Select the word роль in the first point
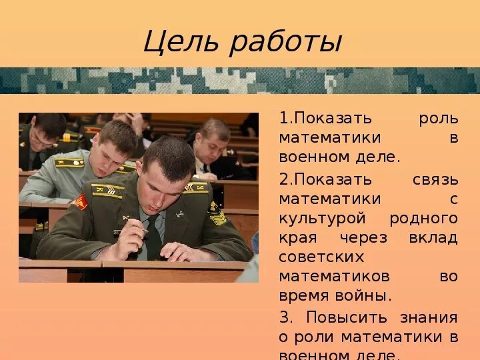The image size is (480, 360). pos(438,119)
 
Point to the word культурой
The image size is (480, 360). pos(322,218)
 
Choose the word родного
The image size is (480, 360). pos(424,218)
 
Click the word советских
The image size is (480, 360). pos(321,257)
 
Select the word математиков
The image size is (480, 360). pos(334,276)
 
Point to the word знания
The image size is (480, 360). pos(429,317)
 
